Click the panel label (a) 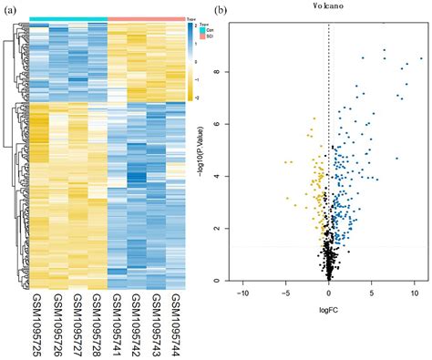[10, 13]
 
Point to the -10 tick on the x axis [242, 293]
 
